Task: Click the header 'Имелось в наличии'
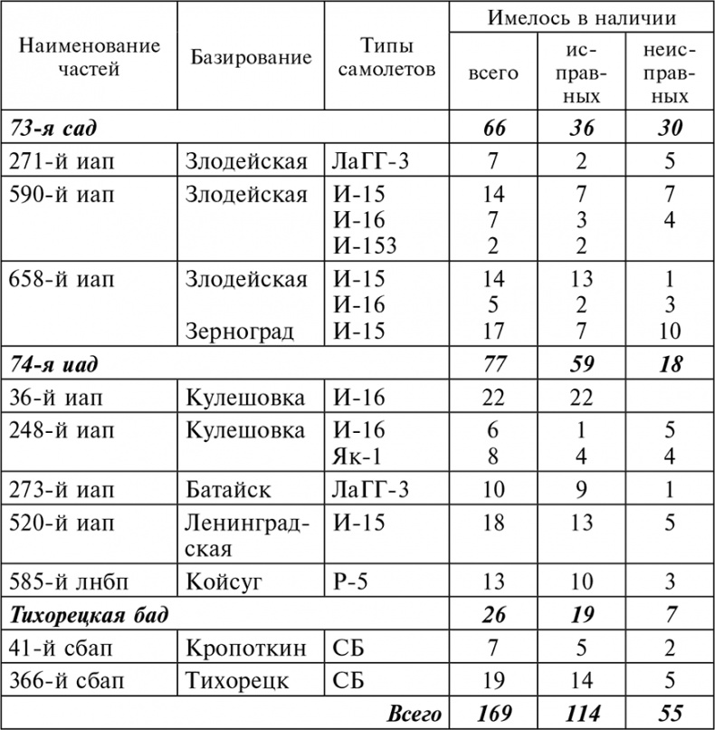click(x=582, y=17)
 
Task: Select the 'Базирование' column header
click(x=251, y=57)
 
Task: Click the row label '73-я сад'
click(x=53, y=129)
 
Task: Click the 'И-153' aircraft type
click(x=366, y=245)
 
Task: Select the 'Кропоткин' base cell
click(x=243, y=648)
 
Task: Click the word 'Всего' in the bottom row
click(x=414, y=714)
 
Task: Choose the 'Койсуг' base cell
click(x=224, y=581)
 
